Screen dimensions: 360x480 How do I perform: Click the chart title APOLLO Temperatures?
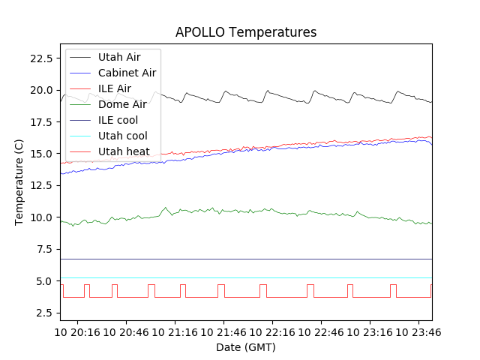[246, 32]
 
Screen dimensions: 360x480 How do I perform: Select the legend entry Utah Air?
[119, 57]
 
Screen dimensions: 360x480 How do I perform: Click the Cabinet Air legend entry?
[127, 73]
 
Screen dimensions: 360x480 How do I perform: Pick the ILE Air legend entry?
[114, 88]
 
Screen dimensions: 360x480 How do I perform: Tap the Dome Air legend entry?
[121, 104]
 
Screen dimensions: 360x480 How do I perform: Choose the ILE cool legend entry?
[118, 120]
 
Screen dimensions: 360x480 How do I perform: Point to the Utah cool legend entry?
[123, 136]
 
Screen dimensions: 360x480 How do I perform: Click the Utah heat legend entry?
[124, 151]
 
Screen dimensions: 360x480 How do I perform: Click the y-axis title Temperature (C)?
[19, 182]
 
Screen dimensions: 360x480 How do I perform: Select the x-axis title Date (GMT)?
[246, 347]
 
